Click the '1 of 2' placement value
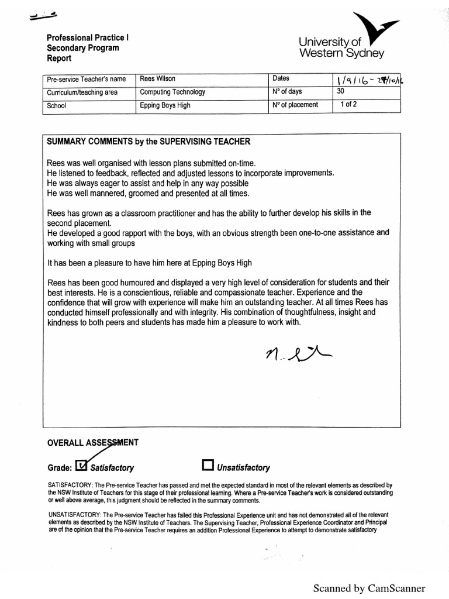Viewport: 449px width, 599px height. coord(348,105)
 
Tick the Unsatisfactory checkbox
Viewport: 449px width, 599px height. coord(207,465)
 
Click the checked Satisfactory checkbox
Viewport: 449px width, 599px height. coord(82,465)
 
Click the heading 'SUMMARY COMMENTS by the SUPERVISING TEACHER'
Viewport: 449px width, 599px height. coord(148,142)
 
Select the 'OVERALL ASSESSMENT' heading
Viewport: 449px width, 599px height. coord(92,443)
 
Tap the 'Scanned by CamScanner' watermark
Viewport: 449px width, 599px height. coord(369,588)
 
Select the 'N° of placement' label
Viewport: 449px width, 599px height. coord(295,105)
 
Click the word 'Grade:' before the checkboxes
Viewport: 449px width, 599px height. coord(59,467)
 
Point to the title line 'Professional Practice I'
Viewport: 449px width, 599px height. coord(88,37)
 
